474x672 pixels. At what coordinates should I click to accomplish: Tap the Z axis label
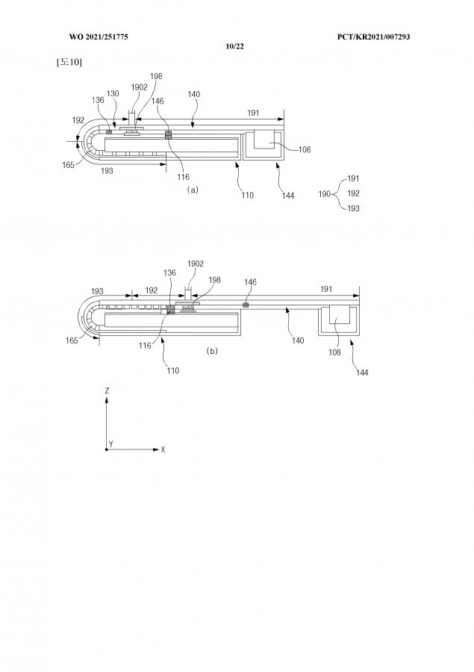[107, 391]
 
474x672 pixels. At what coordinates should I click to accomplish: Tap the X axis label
[163, 449]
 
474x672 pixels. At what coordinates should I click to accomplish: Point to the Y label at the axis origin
[110, 444]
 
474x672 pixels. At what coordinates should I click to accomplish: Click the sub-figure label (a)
[193, 190]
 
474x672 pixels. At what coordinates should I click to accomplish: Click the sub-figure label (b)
[211, 350]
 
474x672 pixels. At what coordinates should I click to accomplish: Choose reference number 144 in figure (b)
[361, 372]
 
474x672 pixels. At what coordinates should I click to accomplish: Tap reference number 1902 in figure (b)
[196, 264]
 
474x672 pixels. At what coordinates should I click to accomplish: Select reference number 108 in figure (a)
[305, 149]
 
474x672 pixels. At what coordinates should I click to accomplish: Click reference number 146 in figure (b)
[251, 282]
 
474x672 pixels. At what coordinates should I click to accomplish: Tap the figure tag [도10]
[69, 62]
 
